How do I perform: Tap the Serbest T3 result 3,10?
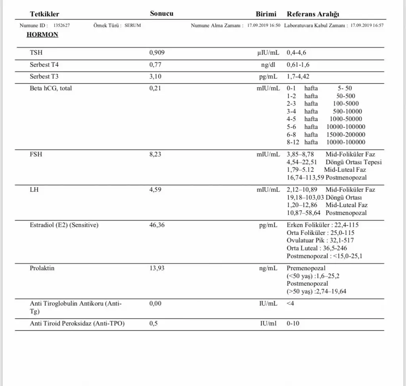155,76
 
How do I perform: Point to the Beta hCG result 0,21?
155,88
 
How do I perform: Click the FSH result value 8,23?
155,154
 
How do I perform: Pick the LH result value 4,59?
155,190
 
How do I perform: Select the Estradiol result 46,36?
157,225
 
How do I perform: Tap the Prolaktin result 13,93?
157,268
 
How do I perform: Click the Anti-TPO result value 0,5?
154,324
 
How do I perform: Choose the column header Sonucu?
161,13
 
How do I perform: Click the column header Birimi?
266,14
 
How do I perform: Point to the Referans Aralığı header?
313,14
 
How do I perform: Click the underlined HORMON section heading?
42,35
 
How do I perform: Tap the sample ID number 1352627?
61,25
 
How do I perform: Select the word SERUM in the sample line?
133,25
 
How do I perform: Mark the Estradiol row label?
64,225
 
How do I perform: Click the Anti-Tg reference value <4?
291,304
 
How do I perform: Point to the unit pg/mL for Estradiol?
268,225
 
